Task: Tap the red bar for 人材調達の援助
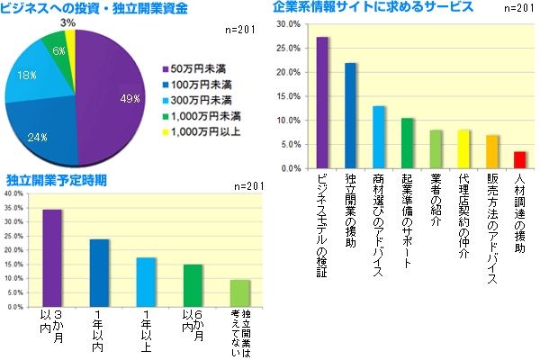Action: [x=519, y=160]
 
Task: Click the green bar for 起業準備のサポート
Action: [x=407, y=143]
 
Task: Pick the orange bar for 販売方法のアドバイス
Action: [x=491, y=152]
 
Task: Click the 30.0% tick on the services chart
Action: [x=288, y=24]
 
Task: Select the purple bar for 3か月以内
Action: [x=52, y=258]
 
